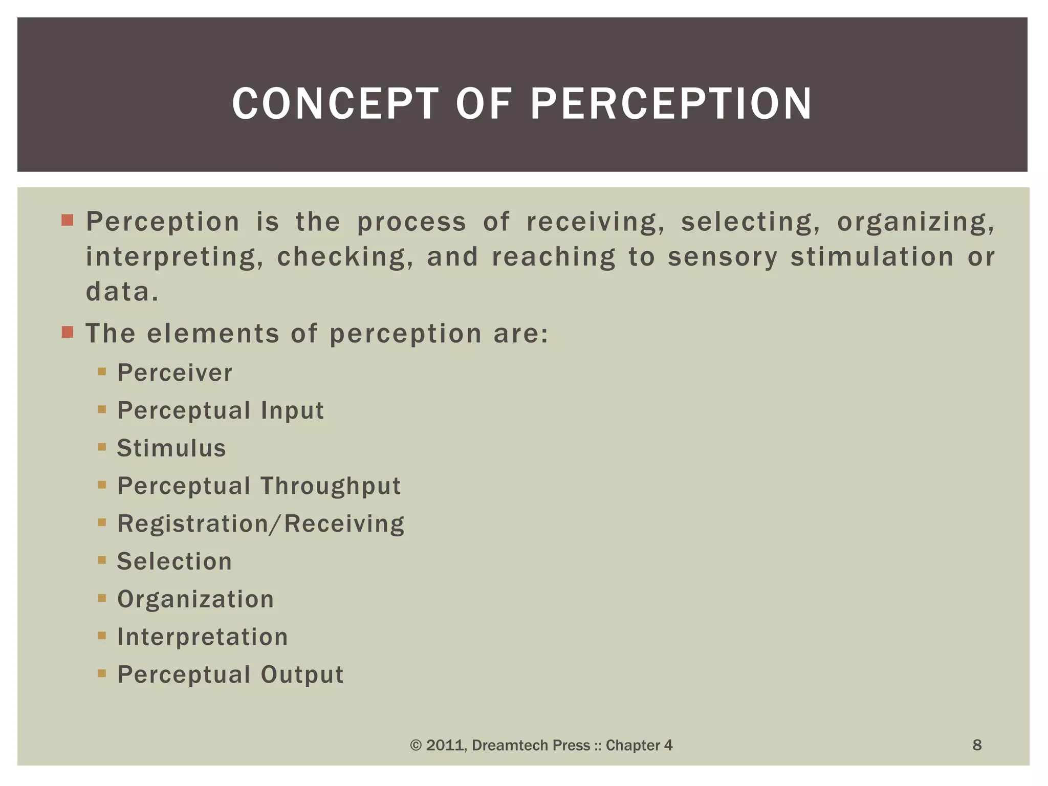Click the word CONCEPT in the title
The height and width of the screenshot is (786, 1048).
tap(335, 104)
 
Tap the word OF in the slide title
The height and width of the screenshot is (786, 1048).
tap(484, 104)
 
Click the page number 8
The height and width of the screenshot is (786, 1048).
tap(977, 745)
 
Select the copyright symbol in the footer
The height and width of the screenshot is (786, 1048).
tap(416, 746)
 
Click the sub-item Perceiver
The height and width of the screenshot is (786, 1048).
tap(175, 373)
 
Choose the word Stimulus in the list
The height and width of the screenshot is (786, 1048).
tap(171, 448)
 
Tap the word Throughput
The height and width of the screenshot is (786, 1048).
tap(331, 486)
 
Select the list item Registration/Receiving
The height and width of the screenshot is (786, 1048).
tap(261, 524)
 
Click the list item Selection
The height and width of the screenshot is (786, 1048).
tap(174, 561)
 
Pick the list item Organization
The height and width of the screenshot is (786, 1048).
tap(196, 599)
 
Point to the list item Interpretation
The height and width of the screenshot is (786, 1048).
tap(203, 637)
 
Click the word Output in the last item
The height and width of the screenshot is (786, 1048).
tap(302, 674)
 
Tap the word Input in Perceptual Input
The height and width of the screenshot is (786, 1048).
tap(292, 410)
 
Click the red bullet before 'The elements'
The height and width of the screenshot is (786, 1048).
tap(68, 333)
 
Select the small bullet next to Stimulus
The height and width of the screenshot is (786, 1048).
tap(102, 447)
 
